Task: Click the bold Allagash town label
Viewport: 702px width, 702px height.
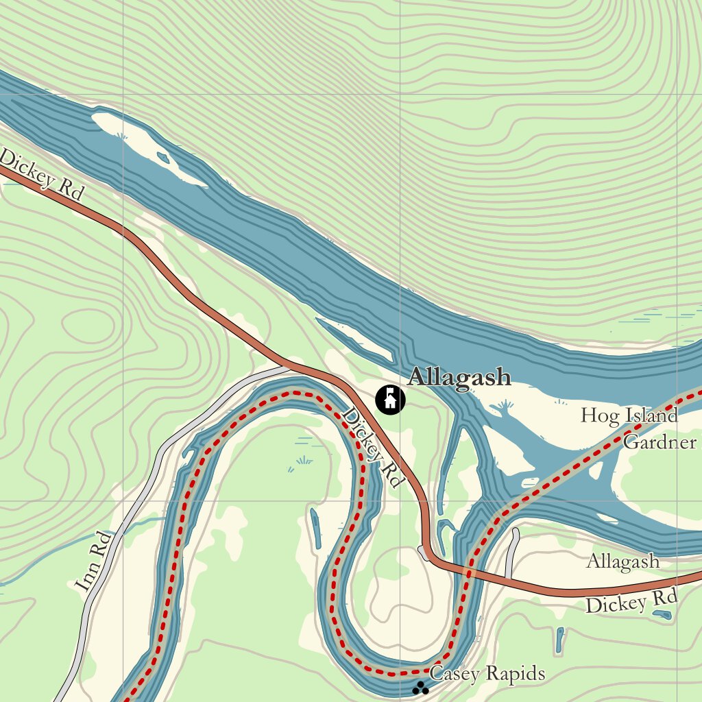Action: tap(459, 377)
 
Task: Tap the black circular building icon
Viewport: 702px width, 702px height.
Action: tap(390, 399)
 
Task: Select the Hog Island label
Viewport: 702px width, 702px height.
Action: tap(629, 415)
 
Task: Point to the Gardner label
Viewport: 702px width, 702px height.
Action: tap(659, 442)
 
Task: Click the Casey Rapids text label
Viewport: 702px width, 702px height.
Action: tap(487, 674)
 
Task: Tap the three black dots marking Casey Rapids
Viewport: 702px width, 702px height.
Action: tap(420, 688)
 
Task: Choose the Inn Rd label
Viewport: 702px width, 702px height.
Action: tap(93, 561)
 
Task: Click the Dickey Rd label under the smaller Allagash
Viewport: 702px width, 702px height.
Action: tap(631, 603)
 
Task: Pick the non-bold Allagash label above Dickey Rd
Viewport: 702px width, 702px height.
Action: tap(622, 562)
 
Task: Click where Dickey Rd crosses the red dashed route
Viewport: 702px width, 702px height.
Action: tap(470, 572)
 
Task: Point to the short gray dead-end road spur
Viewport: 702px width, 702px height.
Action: tap(511, 552)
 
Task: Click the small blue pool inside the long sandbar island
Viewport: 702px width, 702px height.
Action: tap(163, 158)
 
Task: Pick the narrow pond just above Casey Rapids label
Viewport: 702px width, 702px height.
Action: tap(560, 640)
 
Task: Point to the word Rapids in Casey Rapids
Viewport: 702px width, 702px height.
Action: tap(514, 674)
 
